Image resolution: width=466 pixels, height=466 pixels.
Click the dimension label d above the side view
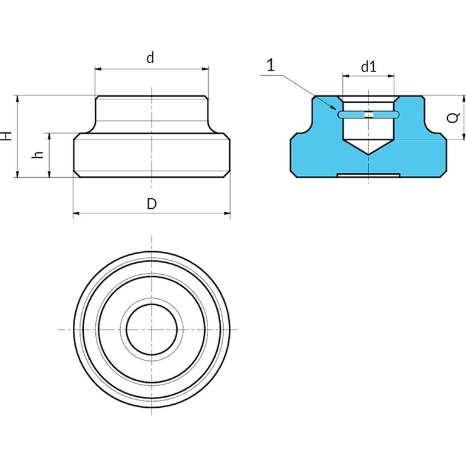[151, 58]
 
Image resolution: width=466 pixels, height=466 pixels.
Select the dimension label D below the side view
[152, 204]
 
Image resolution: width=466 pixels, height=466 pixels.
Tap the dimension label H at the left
[6, 136]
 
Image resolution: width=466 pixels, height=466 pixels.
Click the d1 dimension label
[369, 67]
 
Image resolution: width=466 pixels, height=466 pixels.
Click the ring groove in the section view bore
[369, 114]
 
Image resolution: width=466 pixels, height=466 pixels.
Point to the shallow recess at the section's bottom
[368, 175]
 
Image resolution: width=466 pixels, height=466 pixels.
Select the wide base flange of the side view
[152, 155]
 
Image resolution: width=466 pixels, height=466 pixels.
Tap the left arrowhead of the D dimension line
[76, 213]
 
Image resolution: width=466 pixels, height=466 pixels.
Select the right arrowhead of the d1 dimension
[393, 76]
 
